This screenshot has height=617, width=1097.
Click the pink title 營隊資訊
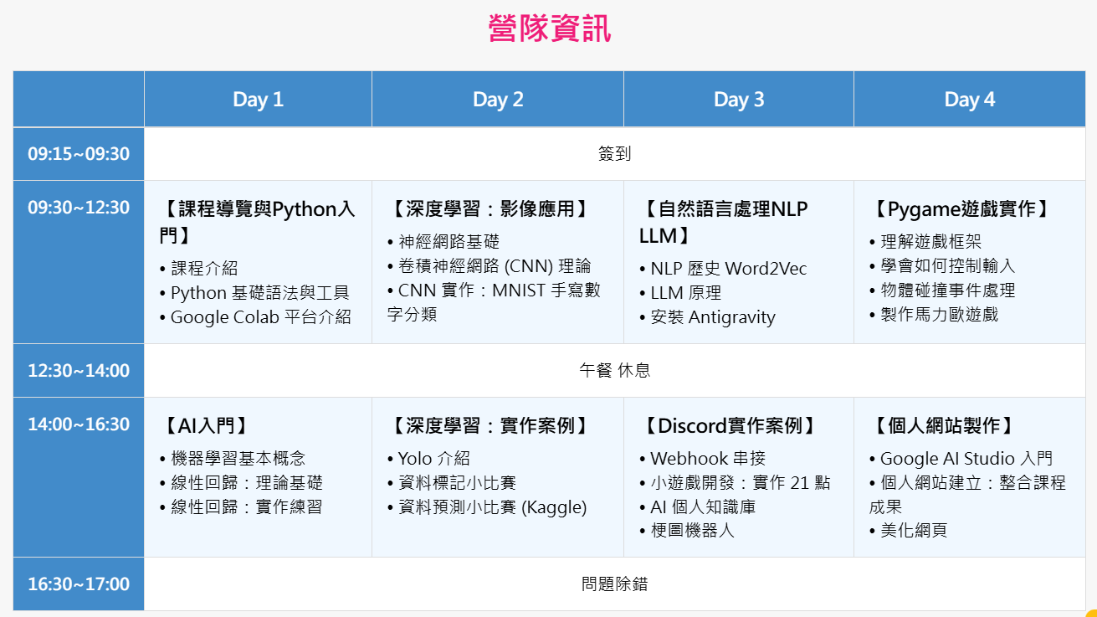[x=550, y=28]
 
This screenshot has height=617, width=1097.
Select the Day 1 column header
[x=258, y=100]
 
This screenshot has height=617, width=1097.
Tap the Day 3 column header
[x=739, y=100]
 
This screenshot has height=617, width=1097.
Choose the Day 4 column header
[x=969, y=100]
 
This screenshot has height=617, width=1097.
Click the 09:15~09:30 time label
[x=79, y=154]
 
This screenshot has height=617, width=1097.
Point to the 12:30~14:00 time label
[x=79, y=371]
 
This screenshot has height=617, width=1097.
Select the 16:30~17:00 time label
[x=79, y=584]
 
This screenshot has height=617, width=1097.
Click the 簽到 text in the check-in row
[x=615, y=154]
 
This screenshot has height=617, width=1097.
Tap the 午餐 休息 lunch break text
[x=615, y=371]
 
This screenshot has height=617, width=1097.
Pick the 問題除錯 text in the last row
[x=615, y=584]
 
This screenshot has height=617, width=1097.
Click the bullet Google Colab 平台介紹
[x=256, y=317]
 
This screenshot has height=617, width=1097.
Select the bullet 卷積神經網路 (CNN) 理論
[x=490, y=266]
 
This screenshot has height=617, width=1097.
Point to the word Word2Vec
[x=766, y=269]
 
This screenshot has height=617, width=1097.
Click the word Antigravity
[x=731, y=317]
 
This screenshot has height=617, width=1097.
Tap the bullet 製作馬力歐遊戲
[x=934, y=315]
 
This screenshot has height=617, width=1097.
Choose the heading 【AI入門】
[x=205, y=426]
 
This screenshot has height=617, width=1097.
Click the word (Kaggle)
[x=554, y=507]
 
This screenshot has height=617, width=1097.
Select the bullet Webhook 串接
[x=702, y=459]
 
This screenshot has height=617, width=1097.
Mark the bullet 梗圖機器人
[x=687, y=531]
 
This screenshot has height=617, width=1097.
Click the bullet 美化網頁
[x=909, y=530]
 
